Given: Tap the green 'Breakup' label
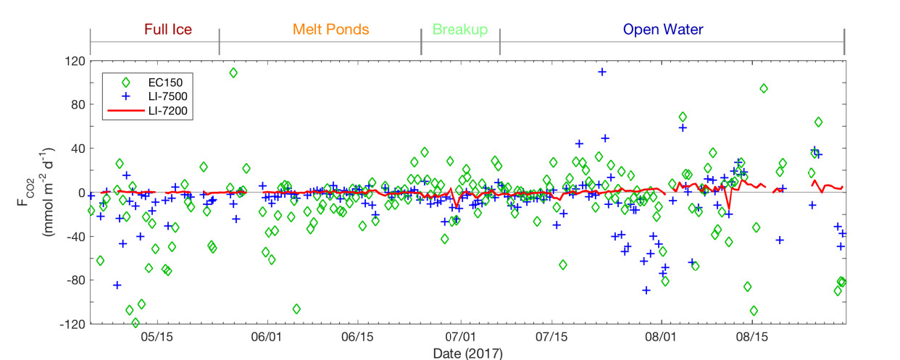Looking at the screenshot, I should coord(459,30).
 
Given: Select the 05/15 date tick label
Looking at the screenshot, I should coord(157,337).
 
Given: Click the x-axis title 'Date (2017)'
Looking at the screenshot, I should coord(467,353).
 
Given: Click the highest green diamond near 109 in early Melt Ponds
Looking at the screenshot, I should coord(233,72).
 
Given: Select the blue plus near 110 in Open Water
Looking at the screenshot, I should coord(602,72).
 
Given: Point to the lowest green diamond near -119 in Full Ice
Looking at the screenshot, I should coord(136,322).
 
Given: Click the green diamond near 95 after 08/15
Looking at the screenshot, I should coord(764,88).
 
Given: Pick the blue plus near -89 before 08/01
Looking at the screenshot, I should coord(646,290).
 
